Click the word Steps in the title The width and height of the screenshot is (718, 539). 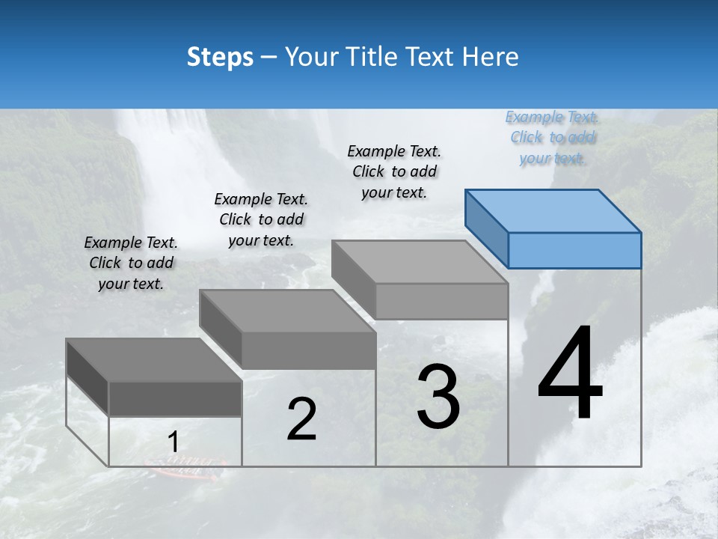click(220, 58)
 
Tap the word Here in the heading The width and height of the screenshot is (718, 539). click(490, 58)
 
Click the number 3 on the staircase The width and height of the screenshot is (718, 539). click(438, 396)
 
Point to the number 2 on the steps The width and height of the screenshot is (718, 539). click(301, 419)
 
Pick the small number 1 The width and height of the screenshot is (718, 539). click(174, 442)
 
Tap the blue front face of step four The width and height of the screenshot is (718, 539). click(574, 250)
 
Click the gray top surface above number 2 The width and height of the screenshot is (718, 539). click(288, 311)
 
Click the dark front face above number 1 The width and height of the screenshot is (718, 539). click(175, 398)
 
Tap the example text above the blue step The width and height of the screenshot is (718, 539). click(552, 138)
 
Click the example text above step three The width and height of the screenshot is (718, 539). click(394, 171)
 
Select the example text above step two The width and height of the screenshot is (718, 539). click(261, 219)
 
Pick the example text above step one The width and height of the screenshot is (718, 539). click(131, 263)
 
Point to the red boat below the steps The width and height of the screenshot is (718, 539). click(185, 469)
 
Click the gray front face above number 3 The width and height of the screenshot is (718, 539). click(441, 301)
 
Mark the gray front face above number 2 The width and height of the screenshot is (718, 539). click(308, 350)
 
